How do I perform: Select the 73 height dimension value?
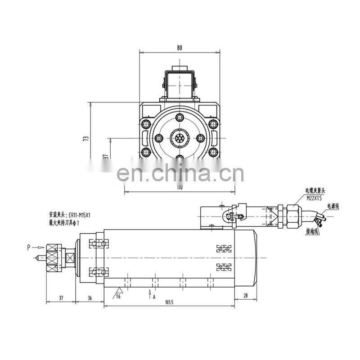coord(86,139)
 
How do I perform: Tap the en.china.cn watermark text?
coord(180,174)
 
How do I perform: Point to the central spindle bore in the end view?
coord(180,138)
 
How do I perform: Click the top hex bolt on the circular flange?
coord(180,118)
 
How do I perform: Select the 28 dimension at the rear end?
coord(245,295)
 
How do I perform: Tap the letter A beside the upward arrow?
coord(154,297)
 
